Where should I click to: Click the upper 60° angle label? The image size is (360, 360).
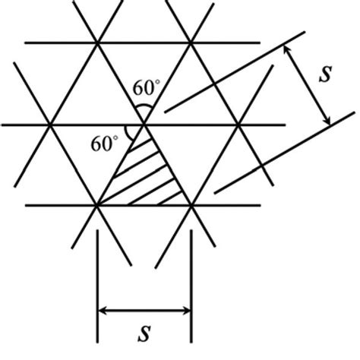coord(146,89)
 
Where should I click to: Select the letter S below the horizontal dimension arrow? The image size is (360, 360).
coord(144,334)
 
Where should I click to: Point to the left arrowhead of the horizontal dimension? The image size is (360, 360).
coord(103,310)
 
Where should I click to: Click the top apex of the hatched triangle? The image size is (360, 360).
coord(144,124)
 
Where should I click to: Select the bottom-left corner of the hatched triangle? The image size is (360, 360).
coord(98,205)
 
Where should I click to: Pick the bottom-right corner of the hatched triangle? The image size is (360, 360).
coord(191,205)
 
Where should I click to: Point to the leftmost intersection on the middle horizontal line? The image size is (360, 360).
coord(51,124)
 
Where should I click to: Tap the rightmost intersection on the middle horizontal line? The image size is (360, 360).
coord(238,124)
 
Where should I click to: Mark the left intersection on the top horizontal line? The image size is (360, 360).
coord(98,43)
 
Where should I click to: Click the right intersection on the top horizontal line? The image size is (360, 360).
coord(191,43)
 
